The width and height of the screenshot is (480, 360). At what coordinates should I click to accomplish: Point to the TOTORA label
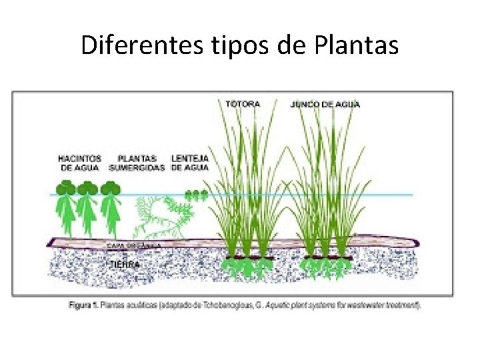[243, 104]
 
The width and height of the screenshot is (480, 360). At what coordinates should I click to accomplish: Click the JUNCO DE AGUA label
[325, 104]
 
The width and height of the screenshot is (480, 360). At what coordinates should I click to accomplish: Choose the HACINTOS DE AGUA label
[79, 163]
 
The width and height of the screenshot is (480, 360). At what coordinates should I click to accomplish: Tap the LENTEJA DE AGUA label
[190, 163]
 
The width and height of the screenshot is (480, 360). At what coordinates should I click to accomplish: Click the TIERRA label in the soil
[125, 264]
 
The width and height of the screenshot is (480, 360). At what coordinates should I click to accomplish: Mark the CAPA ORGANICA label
[133, 245]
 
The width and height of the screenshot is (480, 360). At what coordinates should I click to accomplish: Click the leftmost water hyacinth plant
[65, 203]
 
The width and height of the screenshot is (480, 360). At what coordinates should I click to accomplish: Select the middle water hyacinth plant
[87, 203]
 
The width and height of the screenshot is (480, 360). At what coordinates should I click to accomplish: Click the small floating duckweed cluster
[196, 195]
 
